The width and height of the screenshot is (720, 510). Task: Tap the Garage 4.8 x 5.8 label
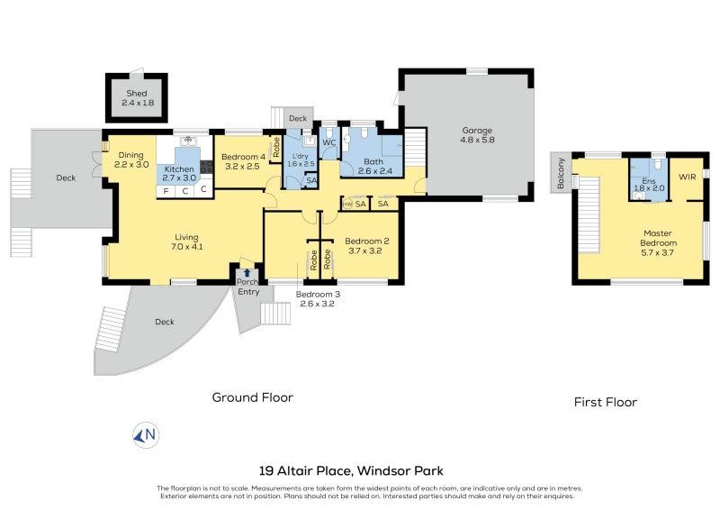coord(477,135)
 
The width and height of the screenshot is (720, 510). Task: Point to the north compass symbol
coord(146,435)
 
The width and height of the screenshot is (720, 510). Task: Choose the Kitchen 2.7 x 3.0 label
coord(178,174)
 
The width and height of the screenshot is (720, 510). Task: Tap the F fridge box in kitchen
coord(166,190)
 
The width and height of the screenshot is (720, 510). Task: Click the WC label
coord(329,142)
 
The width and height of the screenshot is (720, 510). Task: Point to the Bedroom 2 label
coord(366,246)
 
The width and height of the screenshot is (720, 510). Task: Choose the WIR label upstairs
coord(688,177)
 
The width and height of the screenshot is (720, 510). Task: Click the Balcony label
coord(561,172)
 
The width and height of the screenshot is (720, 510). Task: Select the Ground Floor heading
coord(252,397)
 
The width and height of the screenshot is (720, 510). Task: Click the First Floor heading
coord(606,402)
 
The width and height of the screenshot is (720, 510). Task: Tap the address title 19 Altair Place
coord(351,470)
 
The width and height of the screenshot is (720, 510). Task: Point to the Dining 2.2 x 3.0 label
coord(131,159)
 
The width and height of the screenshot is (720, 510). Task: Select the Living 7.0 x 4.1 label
coord(186,242)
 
